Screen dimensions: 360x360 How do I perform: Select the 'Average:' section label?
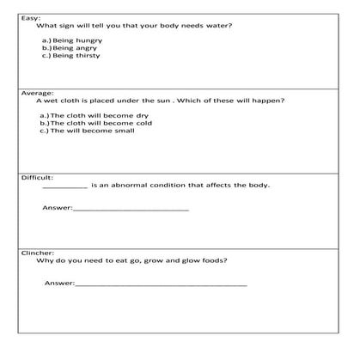tap(37, 93)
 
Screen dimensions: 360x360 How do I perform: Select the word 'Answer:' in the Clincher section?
tap(59, 283)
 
